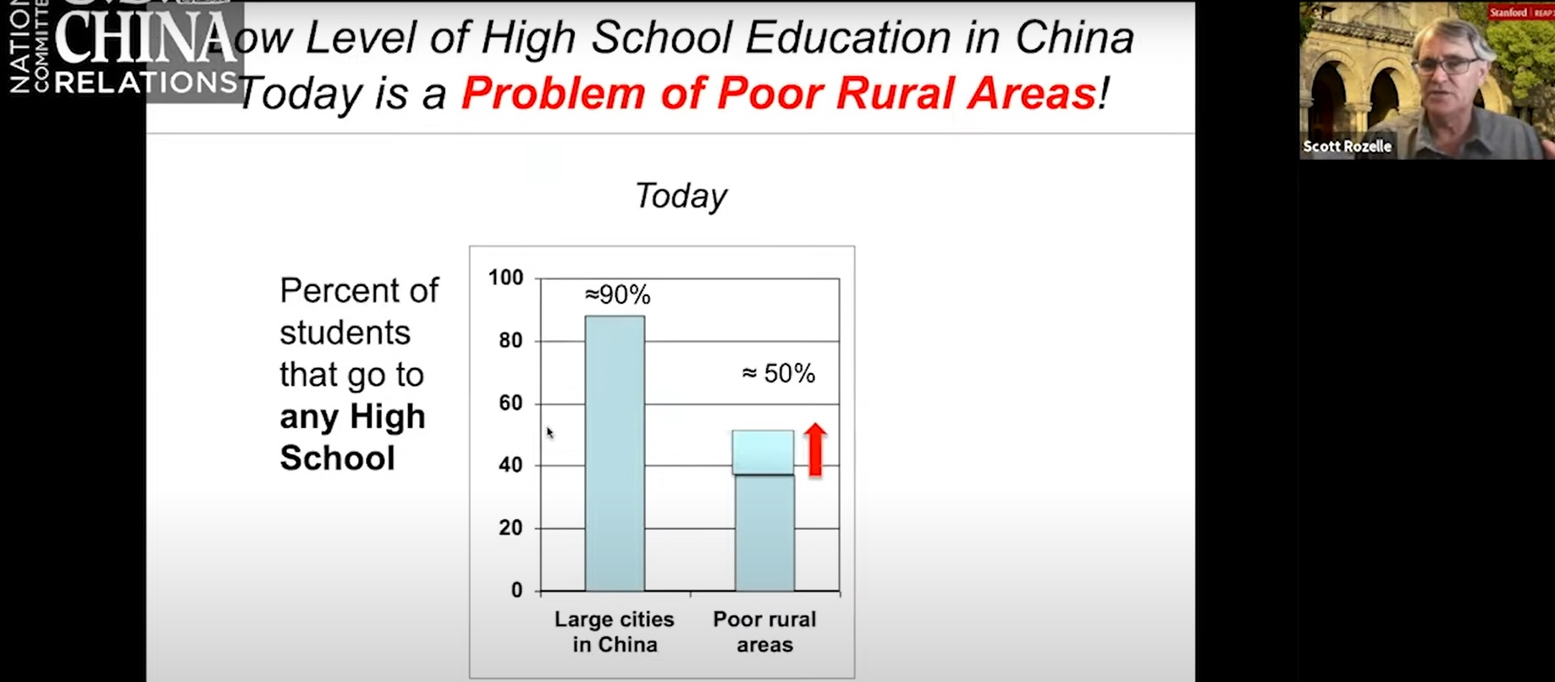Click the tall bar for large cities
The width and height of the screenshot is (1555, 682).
point(615,453)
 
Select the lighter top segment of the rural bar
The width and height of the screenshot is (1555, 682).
point(763,452)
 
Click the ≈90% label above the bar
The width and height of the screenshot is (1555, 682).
point(618,295)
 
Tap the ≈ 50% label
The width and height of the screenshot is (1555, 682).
point(778,374)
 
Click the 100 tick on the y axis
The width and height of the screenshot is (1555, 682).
point(506,278)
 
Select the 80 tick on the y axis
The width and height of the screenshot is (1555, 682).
point(510,340)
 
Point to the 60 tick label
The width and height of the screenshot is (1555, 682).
point(510,403)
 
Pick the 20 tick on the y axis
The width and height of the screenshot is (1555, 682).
point(510,528)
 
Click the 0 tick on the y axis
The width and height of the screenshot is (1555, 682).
point(516,591)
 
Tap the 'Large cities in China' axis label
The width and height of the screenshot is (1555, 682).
point(615,631)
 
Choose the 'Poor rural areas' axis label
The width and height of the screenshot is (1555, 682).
point(764,631)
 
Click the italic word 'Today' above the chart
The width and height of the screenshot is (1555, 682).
point(681,196)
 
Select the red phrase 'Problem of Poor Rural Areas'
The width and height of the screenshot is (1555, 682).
point(779,93)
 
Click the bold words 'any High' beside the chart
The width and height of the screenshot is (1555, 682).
point(352,416)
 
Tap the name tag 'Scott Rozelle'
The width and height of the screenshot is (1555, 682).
point(1347,146)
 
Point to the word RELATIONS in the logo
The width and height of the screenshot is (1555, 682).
point(146,82)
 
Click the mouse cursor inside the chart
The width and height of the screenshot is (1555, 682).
point(549,432)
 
